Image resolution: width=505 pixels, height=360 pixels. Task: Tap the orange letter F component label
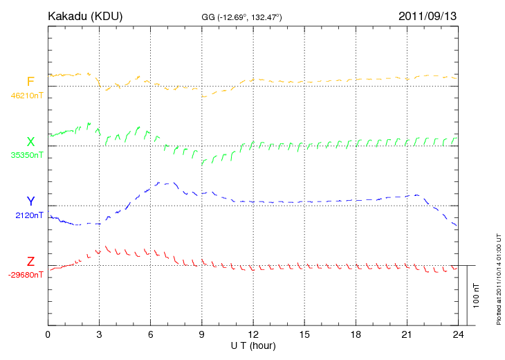(30, 82)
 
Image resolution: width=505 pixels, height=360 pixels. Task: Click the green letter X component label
(30, 143)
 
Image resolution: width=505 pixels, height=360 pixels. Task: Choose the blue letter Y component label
(30, 202)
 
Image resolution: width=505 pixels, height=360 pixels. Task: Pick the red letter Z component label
(30, 262)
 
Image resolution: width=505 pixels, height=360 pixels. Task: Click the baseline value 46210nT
(26, 96)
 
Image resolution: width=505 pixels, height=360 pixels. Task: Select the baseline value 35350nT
(26, 155)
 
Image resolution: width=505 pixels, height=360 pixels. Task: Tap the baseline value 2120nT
(28, 215)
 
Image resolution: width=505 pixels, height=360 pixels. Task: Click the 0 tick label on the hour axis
(48, 335)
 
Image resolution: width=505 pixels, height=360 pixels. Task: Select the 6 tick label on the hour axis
(150, 335)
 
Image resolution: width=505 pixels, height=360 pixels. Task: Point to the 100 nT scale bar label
(477, 296)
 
